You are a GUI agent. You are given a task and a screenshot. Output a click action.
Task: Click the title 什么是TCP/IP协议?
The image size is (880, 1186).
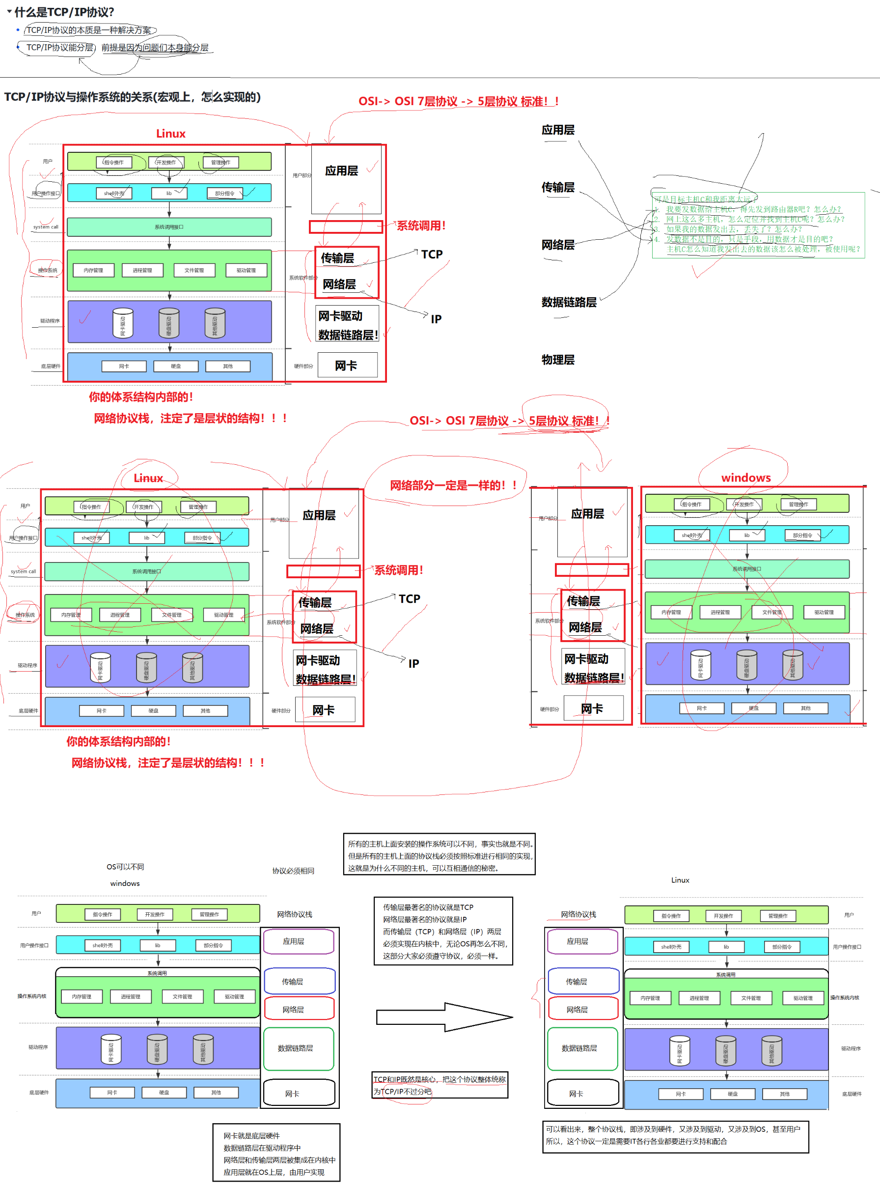point(64,12)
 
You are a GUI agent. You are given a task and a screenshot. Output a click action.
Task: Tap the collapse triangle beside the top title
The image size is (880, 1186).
point(9,11)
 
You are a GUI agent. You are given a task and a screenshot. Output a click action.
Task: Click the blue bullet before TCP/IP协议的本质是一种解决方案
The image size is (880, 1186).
point(18,30)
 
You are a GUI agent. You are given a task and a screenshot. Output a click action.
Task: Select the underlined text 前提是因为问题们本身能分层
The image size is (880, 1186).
point(155,48)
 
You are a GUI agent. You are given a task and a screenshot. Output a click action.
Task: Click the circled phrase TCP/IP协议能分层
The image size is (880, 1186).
point(59,48)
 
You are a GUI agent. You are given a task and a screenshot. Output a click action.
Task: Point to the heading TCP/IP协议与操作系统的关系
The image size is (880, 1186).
point(132,97)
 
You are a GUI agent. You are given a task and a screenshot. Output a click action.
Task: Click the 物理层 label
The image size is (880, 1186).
point(558,360)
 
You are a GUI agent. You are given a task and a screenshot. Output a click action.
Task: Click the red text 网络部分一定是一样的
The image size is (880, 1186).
point(453,485)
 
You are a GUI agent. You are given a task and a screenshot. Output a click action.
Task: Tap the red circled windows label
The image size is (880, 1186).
point(746,478)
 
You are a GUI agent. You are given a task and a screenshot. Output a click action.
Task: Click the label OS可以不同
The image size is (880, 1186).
point(125,867)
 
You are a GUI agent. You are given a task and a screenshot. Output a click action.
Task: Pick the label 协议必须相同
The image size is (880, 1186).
point(293,871)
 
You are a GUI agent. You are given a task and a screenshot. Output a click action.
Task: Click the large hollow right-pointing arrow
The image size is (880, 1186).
point(444,1017)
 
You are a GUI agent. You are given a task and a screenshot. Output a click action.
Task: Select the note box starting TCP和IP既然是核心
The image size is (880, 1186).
point(440,1085)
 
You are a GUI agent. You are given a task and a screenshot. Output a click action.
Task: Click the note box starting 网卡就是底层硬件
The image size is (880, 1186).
point(276,1153)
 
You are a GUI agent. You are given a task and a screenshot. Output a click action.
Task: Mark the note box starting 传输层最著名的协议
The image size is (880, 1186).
point(443,931)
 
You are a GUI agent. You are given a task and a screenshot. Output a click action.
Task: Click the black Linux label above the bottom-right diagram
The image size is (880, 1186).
point(680,880)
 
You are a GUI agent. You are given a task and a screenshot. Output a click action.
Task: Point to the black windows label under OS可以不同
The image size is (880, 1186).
point(125,883)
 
